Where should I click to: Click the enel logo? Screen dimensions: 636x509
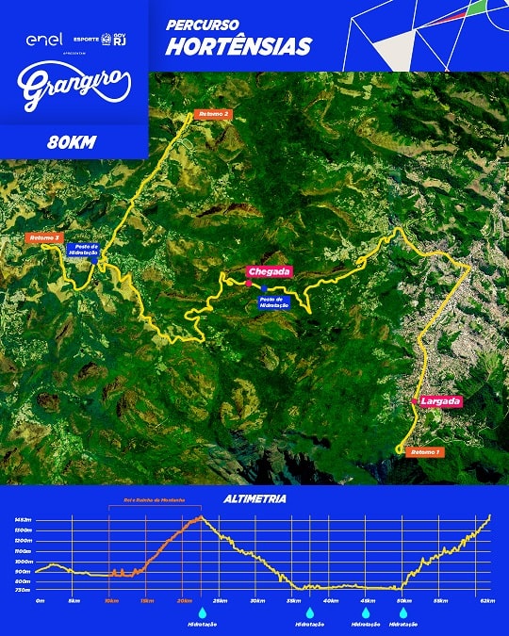click(44, 40)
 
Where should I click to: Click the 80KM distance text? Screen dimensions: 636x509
click(74, 143)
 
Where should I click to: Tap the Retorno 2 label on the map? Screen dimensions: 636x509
click(212, 114)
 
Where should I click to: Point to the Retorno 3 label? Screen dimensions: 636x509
click(44, 237)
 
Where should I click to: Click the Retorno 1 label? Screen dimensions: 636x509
click(425, 452)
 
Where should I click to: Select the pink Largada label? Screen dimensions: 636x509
click(441, 401)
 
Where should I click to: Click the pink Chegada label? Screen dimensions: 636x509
click(271, 271)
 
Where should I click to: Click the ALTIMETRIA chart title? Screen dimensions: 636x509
click(254, 498)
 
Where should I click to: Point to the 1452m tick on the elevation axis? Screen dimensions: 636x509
click(23, 519)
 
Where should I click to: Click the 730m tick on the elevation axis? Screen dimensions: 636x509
click(23, 591)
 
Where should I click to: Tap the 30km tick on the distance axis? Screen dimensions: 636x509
click(257, 599)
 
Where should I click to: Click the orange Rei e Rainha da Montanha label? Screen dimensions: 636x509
click(155, 499)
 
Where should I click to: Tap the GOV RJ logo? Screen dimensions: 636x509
click(118, 40)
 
